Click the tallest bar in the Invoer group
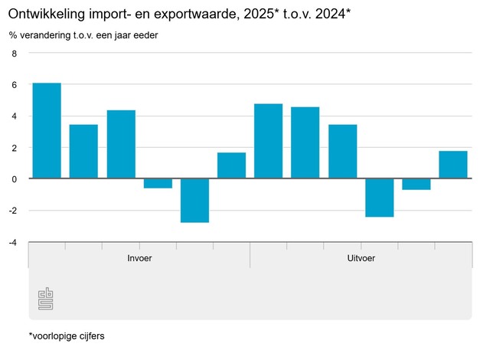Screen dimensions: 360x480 pyautogui.click(x=47, y=130)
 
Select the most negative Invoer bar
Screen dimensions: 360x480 pyautogui.click(x=194, y=200)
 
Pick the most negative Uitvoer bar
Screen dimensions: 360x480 pyautogui.click(x=379, y=198)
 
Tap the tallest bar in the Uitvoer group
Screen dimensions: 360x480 pyautogui.click(x=268, y=141)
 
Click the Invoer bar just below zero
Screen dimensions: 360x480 pyautogui.click(x=158, y=183)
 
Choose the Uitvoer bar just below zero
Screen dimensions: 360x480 pyautogui.click(x=416, y=184)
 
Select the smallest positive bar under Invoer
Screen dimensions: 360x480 pyautogui.click(x=231, y=165)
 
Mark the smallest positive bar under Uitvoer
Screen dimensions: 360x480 pyautogui.click(x=453, y=165)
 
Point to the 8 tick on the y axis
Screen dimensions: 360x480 pyautogui.click(x=14, y=54)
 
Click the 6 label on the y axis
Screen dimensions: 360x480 pyautogui.click(x=14, y=85)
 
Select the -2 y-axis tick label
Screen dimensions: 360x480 pyautogui.click(x=12, y=211)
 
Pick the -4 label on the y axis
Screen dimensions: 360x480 pyautogui.click(x=12, y=242)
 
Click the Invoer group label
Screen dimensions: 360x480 pyautogui.click(x=139, y=258)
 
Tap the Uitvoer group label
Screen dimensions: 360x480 pyautogui.click(x=361, y=258)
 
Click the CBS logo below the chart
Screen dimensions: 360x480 pyautogui.click(x=47, y=299)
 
